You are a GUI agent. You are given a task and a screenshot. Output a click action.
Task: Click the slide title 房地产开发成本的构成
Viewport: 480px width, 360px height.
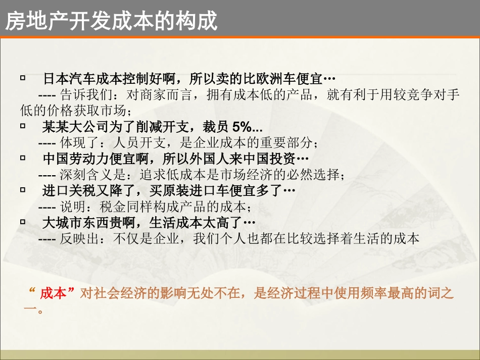click(x=111, y=21)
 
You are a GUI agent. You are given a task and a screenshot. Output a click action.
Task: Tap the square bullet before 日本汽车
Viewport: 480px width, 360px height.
click(x=23, y=78)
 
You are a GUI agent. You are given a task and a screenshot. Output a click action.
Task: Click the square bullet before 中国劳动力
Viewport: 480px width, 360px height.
click(x=23, y=158)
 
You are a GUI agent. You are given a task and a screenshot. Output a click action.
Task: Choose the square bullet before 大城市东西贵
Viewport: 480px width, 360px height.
click(x=23, y=222)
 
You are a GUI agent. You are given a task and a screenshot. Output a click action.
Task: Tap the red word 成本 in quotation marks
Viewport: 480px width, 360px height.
click(x=54, y=293)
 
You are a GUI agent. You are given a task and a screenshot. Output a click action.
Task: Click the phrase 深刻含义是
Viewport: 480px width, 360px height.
click(x=91, y=175)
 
